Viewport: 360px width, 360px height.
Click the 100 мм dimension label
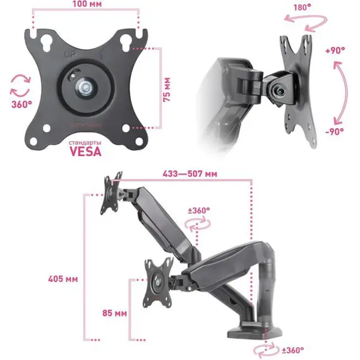(x=87, y=4)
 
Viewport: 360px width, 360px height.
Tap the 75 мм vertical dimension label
(x=167, y=90)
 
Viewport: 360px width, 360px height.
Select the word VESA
(x=85, y=152)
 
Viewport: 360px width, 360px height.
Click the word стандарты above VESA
(x=85, y=143)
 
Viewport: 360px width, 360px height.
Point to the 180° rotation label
(x=303, y=8)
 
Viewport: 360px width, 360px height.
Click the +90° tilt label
(x=335, y=51)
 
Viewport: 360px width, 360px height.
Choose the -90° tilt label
(x=335, y=131)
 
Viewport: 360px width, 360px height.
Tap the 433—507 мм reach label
(x=190, y=174)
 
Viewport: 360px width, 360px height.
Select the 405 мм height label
(x=63, y=279)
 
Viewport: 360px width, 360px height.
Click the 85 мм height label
(x=114, y=313)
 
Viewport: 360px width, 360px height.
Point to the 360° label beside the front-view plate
(x=22, y=105)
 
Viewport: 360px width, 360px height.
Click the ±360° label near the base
(x=292, y=350)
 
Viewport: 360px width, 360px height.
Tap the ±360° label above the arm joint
(x=199, y=210)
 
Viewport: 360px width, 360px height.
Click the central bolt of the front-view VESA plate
(x=86, y=87)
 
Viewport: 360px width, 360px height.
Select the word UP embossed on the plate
(x=70, y=55)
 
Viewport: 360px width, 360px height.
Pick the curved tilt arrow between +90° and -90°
(x=345, y=92)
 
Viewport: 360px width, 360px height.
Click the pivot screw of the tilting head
(x=280, y=91)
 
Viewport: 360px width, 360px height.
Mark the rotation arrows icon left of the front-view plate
(x=20, y=85)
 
